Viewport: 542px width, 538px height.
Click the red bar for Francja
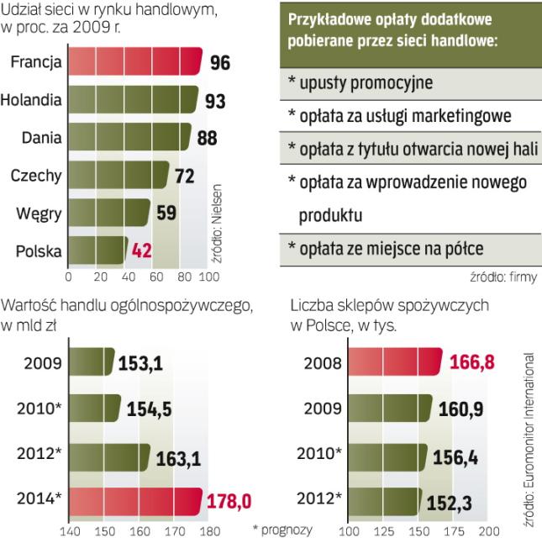[134, 62]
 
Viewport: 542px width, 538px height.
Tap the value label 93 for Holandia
[215, 101]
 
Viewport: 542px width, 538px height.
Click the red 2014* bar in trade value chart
[134, 503]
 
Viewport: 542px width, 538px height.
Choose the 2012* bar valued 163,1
[108, 456]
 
